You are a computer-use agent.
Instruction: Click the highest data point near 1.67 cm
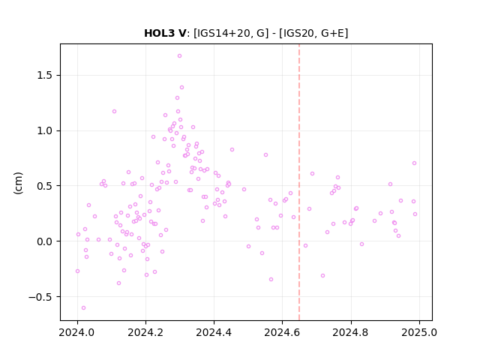tap(180, 56)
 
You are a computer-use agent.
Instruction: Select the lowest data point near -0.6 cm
tap(83, 308)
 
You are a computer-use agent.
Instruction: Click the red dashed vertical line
tap(299, 182)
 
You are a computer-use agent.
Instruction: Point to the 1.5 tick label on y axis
tap(45, 76)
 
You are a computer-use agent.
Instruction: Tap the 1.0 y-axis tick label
tap(45, 130)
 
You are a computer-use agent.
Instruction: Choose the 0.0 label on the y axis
tap(45, 241)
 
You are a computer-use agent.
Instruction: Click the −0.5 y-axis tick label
tap(40, 297)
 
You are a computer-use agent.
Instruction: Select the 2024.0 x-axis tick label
tap(77, 332)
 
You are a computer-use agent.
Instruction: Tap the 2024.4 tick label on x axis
tap(214, 332)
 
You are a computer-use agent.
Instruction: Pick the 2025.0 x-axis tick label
tap(419, 332)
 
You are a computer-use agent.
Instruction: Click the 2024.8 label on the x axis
tap(351, 332)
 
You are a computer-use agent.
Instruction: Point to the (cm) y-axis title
tap(18, 183)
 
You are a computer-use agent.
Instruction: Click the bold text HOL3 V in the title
tap(165, 33)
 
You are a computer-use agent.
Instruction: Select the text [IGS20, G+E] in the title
tap(313, 33)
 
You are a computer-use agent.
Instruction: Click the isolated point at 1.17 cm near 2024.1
tap(114, 112)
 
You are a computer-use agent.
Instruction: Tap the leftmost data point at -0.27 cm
tap(77, 271)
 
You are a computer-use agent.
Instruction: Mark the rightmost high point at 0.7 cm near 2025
tap(414, 163)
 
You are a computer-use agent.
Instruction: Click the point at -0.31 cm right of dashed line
tap(322, 276)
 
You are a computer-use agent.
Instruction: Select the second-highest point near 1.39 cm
tap(181, 88)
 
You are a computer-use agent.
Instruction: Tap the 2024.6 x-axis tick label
tap(282, 332)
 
